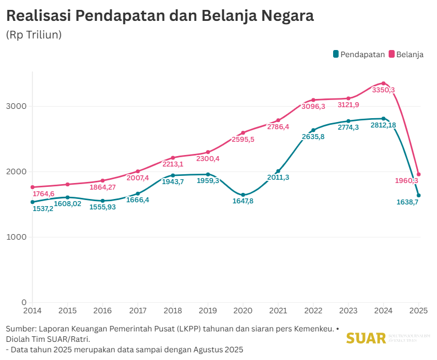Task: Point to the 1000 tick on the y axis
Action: tap(18, 237)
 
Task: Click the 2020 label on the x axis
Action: tap(243, 311)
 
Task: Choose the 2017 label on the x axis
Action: tap(138, 311)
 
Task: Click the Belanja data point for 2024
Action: tap(384, 84)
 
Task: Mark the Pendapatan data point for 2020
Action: tap(243, 195)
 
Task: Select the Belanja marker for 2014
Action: tap(32, 187)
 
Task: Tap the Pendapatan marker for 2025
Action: tap(419, 195)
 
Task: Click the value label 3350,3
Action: tap(383, 90)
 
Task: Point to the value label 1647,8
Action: tap(244, 202)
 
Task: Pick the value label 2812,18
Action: tap(383, 125)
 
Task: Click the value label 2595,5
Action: tap(243, 140)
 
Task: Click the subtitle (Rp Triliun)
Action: tap(34, 35)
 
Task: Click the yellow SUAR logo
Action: tap(366, 338)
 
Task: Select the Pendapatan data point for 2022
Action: tap(313, 130)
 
